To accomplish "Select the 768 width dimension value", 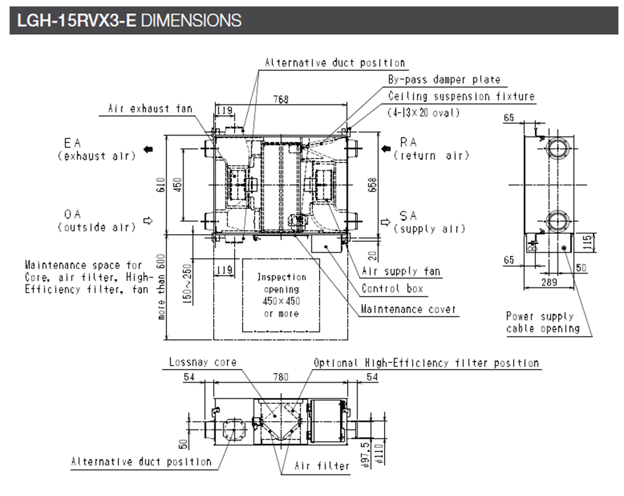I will (281, 99).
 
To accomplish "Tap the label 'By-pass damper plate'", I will (443, 80).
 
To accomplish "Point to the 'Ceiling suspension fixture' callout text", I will (461, 96).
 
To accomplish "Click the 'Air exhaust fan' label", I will (150, 109).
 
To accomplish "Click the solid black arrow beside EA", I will (149, 149).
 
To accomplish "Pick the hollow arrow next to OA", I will (148, 220).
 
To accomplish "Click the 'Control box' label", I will (393, 288).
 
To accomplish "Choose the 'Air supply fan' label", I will (401, 271).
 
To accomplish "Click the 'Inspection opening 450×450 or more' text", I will (281, 295).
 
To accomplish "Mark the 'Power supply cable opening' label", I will (542, 323).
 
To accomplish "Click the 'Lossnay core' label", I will (202, 362).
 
